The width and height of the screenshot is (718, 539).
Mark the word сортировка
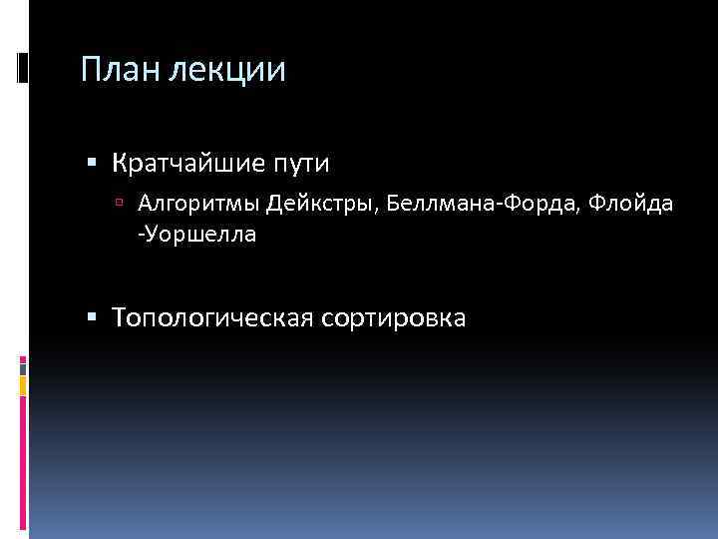pos(394,317)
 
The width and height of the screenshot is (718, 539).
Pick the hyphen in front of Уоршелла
pos(141,237)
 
